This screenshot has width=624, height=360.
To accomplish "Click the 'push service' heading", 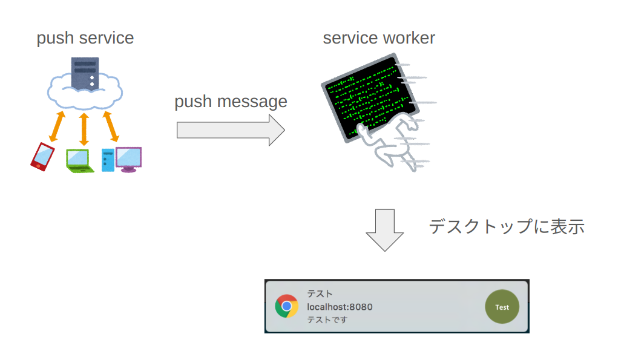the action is (x=85, y=39).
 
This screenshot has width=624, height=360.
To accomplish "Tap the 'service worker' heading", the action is (x=379, y=38).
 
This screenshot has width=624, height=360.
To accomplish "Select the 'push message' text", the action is (x=231, y=102).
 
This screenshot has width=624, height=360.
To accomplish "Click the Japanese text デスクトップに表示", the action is (x=507, y=227).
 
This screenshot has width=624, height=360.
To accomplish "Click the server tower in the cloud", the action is (x=85, y=73).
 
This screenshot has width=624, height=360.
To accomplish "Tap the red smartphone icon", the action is (x=42, y=157).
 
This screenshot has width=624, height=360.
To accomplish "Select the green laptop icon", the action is (x=80, y=161).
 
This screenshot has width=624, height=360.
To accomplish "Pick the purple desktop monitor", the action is (x=128, y=160).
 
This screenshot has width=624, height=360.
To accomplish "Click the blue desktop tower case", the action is (x=108, y=160).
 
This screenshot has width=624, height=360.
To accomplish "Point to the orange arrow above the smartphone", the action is (x=57, y=126).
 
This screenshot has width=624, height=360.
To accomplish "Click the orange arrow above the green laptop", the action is (x=84, y=129).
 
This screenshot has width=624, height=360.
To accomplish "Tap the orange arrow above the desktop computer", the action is (x=111, y=126).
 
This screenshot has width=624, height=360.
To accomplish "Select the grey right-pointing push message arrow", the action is (x=231, y=130).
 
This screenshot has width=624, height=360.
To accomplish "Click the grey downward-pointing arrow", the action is (x=385, y=230).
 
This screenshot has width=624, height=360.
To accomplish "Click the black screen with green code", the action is (x=370, y=98).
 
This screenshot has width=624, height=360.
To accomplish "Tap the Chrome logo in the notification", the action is (x=286, y=306).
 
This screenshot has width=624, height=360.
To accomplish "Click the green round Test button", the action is (x=502, y=307).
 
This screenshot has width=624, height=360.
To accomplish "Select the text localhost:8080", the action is (x=340, y=307).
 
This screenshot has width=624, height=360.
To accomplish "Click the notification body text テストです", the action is (x=327, y=320).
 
